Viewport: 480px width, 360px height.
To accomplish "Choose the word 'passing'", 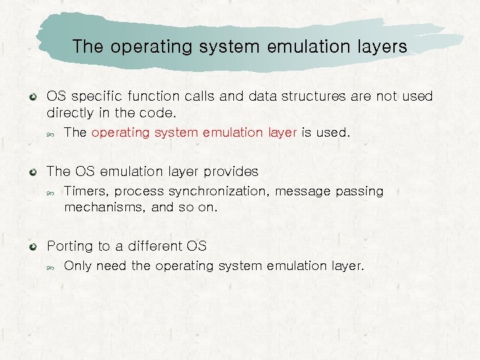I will [x=359, y=192].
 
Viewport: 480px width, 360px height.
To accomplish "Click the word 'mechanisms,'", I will [x=105, y=207].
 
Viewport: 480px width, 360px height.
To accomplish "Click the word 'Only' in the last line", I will [x=77, y=267].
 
